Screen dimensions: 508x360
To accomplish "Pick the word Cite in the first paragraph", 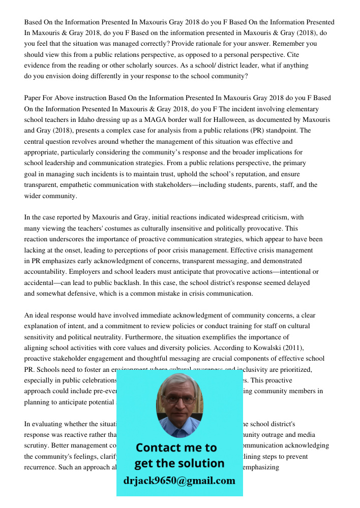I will coord(297,54).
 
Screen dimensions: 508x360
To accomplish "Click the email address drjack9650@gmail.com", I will coord(179,481).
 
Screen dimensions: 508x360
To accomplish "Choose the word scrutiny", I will coord(37,446).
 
